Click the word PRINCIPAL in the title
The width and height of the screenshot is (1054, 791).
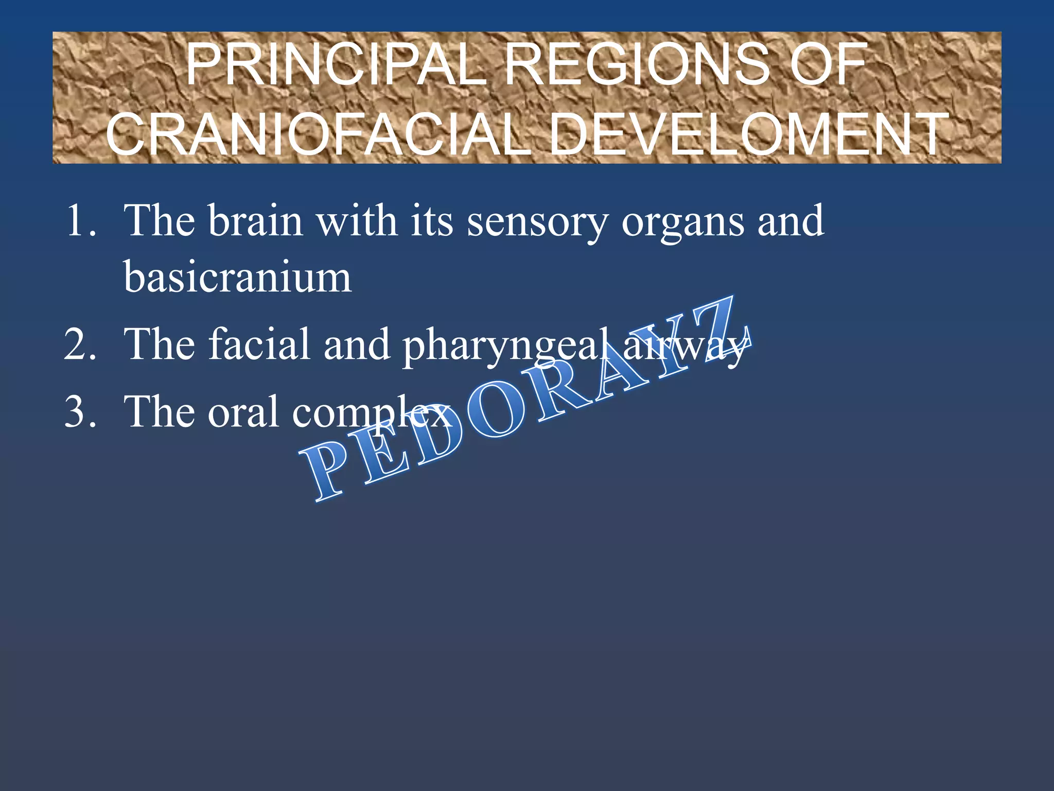335,65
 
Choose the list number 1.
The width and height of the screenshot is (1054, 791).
80,221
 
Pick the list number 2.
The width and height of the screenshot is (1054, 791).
80,345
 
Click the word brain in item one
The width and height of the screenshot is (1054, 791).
256,221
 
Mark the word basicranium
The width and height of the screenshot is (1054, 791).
237,278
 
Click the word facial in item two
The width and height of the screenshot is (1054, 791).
259,345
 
